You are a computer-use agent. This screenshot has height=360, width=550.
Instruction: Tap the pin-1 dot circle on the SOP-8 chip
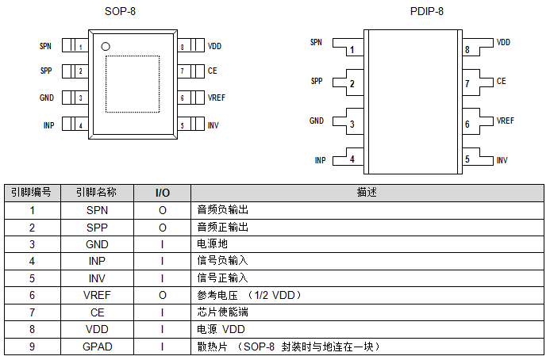click(x=105, y=47)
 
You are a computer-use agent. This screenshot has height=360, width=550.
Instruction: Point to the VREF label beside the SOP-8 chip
click(x=217, y=98)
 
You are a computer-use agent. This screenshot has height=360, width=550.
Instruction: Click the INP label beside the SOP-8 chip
click(x=48, y=125)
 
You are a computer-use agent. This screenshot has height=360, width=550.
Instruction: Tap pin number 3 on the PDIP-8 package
click(x=352, y=124)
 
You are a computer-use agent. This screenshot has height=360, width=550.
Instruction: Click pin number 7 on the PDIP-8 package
click(x=467, y=83)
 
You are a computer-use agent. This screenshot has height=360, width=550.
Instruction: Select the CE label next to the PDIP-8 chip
click(x=501, y=81)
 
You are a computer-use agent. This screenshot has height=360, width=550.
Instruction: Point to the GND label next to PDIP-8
click(x=317, y=121)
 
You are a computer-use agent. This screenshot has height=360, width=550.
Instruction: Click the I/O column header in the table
click(x=162, y=193)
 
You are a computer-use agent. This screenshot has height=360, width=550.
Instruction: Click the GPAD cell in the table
click(x=97, y=347)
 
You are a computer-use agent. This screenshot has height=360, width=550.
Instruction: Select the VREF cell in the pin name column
click(x=97, y=295)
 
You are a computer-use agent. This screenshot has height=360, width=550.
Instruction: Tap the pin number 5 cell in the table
click(x=32, y=278)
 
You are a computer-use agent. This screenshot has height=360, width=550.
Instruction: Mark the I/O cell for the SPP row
click(x=162, y=227)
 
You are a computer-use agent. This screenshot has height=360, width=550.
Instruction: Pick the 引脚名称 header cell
click(x=97, y=193)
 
